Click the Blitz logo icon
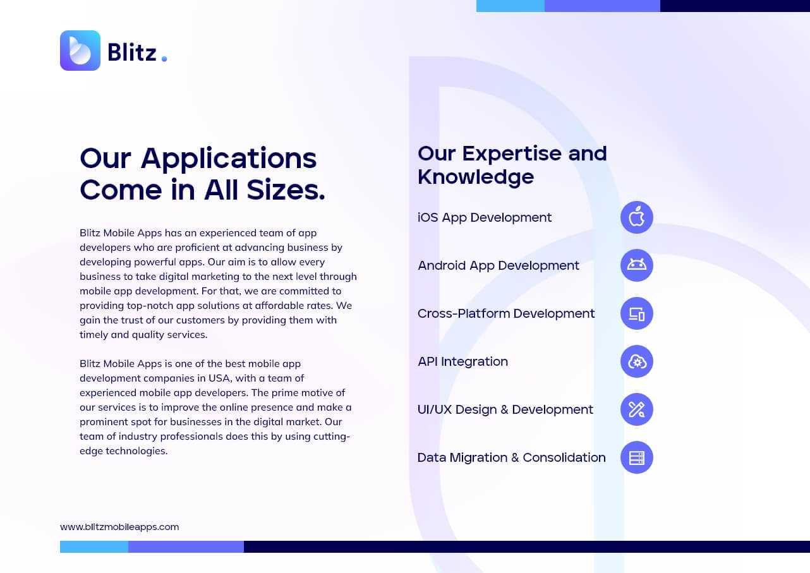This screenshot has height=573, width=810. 80,51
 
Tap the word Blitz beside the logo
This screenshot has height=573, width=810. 132,53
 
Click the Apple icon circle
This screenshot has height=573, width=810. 636,217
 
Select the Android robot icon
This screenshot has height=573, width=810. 636,265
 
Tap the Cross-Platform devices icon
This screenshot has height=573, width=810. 636,313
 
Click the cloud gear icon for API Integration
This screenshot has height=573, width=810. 636,361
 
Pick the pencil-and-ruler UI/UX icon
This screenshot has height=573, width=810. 636,409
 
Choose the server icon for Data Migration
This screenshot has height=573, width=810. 636,457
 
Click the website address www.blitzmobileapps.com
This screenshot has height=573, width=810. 119,527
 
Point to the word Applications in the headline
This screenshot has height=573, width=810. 229,159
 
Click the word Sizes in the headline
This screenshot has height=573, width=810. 286,190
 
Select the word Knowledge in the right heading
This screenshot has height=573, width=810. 476,177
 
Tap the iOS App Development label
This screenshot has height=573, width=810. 485,217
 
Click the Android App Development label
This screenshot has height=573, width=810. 499,266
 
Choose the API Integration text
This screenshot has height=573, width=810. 463,361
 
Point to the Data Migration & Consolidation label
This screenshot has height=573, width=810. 511,457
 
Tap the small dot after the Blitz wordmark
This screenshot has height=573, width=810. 164,59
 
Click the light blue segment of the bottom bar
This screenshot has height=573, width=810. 94,546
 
